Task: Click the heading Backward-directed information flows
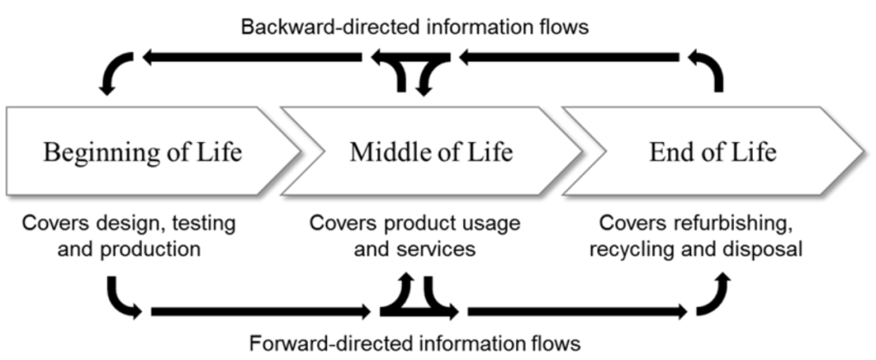click(x=415, y=27)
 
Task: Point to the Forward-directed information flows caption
click(x=415, y=344)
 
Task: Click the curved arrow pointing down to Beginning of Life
click(x=116, y=72)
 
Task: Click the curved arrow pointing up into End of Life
click(x=713, y=296)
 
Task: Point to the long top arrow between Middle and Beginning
click(x=252, y=57)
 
